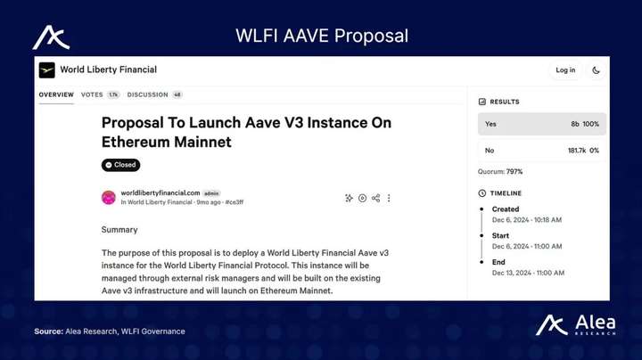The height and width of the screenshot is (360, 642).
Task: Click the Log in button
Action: [565, 70]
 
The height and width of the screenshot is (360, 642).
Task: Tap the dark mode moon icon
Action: [596, 70]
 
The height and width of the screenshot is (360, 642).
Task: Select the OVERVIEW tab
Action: [56, 94]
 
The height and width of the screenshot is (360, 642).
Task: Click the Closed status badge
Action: [120, 165]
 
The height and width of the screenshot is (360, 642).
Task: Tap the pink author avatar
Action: [109, 198]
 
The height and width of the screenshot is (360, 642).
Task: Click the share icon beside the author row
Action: [376, 198]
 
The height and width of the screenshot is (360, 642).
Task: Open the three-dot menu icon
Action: [389, 198]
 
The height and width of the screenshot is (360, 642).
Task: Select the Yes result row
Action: [542, 124]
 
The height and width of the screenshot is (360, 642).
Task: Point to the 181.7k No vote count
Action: [577, 151]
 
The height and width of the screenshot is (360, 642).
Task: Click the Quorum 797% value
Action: [514, 171]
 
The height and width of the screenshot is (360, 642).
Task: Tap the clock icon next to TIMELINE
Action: [481, 193]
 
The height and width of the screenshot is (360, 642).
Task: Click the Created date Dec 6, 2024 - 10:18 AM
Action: [527, 220]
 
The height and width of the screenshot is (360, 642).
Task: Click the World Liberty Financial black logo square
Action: [46, 70]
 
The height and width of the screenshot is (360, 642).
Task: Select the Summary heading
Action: [119, 230]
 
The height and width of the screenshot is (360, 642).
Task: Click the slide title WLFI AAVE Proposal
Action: [322, 36]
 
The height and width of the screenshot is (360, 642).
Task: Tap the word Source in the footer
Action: [47, 331]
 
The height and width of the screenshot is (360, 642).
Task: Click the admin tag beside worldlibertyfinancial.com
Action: [211, 193]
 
